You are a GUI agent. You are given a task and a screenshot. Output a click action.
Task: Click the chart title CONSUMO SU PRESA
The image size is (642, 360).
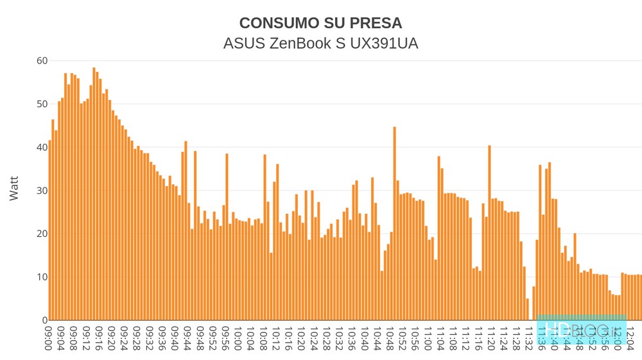pos(320,23)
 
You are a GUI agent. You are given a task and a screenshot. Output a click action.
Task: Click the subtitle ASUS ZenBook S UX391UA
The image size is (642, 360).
pos(320,44)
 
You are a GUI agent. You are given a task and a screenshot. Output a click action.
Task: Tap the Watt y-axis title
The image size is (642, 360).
pos(15,189)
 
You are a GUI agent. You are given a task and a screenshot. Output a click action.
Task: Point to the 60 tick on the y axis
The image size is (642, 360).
pos(42,61)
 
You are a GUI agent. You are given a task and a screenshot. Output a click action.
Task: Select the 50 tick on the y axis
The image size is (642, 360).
pos(42,104)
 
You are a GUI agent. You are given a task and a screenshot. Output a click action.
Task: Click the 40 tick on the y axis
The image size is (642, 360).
pos(42,147)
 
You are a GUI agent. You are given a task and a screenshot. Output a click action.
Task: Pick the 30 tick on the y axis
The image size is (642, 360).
pos(42,191)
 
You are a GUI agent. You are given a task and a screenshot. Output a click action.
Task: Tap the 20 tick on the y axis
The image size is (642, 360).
pos(42,234)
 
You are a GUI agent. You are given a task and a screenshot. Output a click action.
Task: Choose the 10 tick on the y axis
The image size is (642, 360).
pos(42,277)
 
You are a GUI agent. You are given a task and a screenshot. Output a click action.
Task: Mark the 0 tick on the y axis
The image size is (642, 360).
pos(44,320)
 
